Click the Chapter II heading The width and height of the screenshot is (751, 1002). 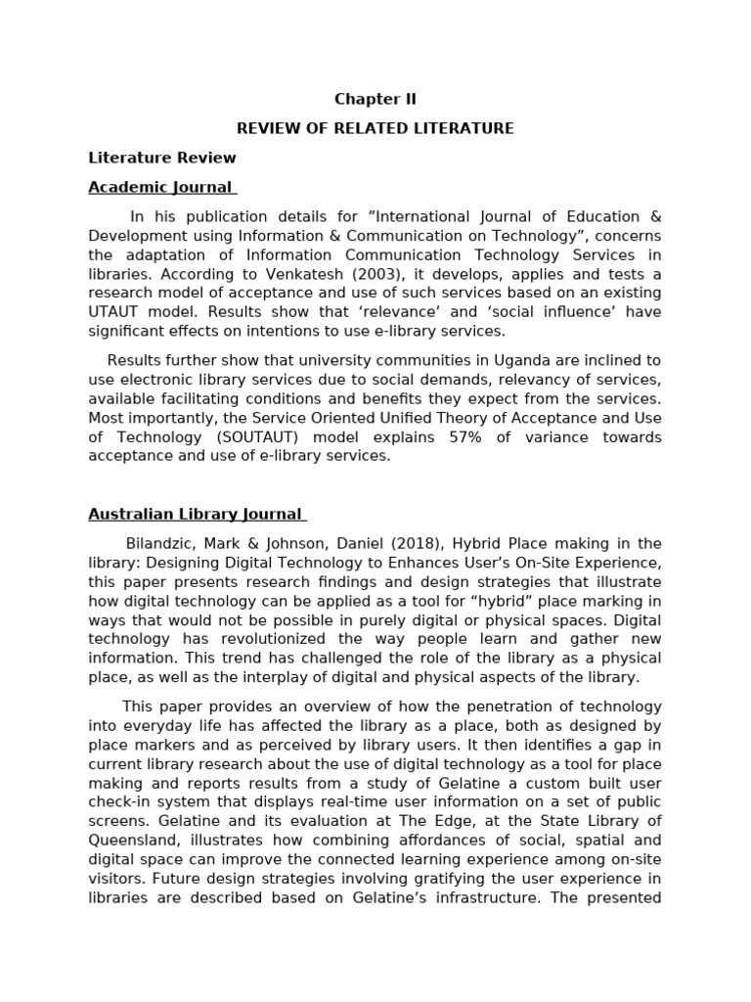coord(375,99)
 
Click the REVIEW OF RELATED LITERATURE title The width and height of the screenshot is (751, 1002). coord(375,128)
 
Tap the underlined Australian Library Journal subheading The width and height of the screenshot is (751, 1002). coord(197,514)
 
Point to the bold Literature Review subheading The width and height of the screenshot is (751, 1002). coord(162,158)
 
